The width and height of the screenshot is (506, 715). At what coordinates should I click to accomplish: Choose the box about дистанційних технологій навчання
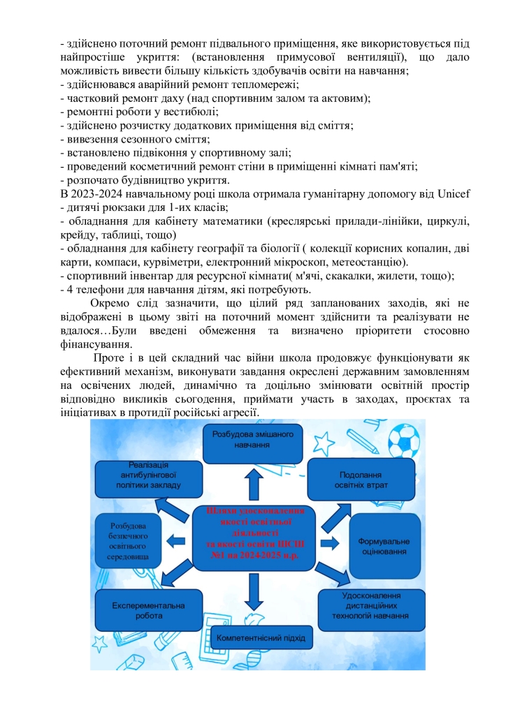tap(371, 606)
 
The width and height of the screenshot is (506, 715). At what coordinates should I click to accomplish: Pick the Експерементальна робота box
tap(148, 610)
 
